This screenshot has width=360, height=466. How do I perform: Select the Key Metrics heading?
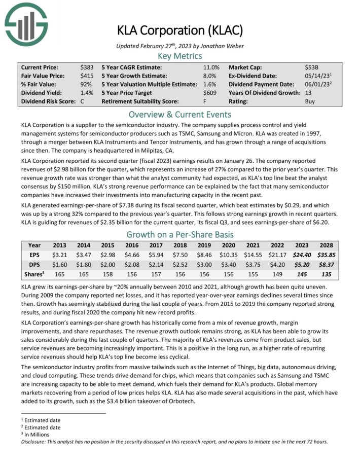pyautogui.click(x=179, y=56)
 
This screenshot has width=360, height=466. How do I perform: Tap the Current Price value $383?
pyautogui.click(x=87, y=67)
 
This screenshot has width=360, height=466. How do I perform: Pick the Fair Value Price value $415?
pyautogui.click(x=87, y=76)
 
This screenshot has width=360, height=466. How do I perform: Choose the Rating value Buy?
pyautogui.click(x=310, y=101)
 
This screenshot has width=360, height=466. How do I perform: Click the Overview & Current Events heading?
pyautogui.click(x=179, y=114)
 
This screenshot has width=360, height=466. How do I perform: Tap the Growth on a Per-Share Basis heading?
pyautogui.click(x=179, y=234)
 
